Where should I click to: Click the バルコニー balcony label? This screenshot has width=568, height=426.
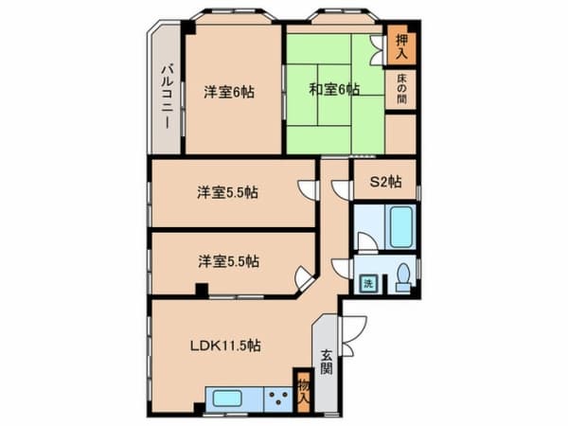166,95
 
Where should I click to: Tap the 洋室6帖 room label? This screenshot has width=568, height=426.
228,92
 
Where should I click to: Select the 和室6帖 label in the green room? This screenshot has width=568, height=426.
333,90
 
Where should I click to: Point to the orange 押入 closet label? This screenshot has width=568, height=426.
401,44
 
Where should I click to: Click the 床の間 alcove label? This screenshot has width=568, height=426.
401,92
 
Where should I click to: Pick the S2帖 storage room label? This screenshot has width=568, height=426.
384,180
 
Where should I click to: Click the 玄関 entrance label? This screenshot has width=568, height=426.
326,361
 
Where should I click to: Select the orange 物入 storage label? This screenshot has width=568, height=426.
303,390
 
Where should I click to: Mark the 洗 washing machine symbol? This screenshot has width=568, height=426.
367,283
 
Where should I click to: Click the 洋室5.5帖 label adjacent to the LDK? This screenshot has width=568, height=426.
228,261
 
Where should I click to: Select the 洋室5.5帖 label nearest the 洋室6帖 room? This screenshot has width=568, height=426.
228,192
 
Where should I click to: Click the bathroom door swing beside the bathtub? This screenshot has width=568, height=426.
366,241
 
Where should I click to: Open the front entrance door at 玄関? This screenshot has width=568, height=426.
352,327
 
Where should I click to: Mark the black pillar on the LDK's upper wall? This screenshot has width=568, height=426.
200,291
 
